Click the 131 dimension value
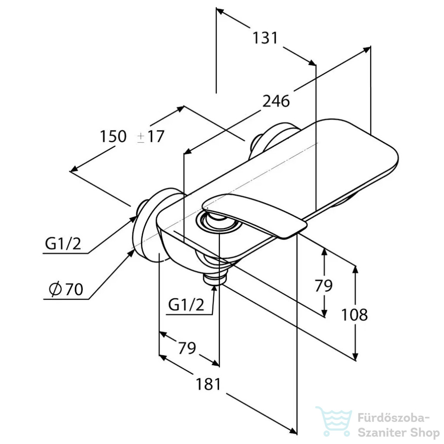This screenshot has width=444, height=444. click(x=265, y=38)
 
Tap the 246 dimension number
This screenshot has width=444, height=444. click(x=276, y=101)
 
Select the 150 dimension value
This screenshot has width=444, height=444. click(x=113, y=136)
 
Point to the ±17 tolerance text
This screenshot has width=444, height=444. click(x=150, y=137)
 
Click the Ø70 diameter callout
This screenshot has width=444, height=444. click(x=66, y=289)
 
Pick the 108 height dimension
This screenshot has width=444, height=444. click(x=355, y=315)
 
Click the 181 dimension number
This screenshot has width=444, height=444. click(x=208, y=384)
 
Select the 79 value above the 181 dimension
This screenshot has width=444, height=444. click(x=187, y=348)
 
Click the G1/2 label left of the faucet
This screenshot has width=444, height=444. click(x=63, y=244)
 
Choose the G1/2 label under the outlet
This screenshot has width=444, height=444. click(x=186, y=305)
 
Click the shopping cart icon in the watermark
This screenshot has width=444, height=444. click(x=333, y=421)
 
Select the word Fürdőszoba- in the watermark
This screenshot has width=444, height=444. click(x=394, y=418)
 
